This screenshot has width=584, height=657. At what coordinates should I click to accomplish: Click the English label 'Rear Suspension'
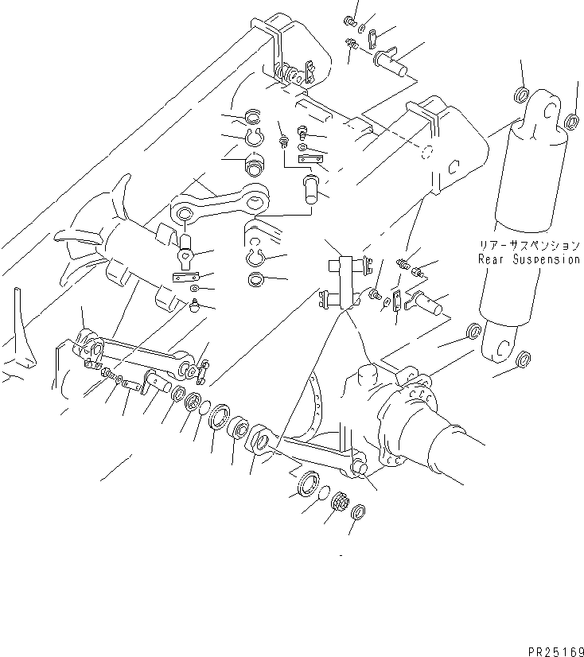pyautogui.click(x=528, y=259)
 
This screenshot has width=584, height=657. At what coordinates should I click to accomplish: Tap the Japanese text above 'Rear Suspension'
pyautogui.click(x=528, y=247)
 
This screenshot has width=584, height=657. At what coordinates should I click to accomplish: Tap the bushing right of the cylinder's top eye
pyautogui.click(x=571, y=122)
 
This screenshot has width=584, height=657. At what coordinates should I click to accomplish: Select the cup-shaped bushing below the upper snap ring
pyautogui.click(x=255, y=169)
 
